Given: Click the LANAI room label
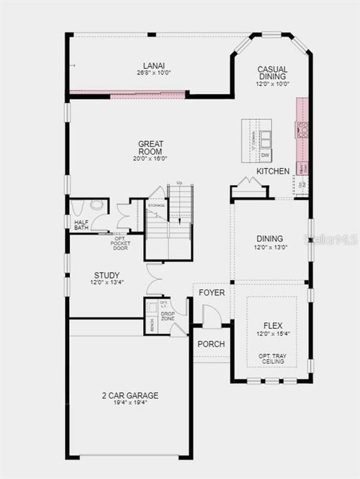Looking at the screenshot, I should [x=154, y=66].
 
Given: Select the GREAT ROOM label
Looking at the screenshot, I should [x=151, y=144].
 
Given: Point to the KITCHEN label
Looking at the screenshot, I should [x=273, y=172].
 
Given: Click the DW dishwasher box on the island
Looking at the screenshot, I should [x=264, y=155].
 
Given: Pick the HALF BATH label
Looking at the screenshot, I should [x=81, y=224].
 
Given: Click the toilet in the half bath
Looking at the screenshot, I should [x=97, y=206].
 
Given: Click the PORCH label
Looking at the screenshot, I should [x=211, y=344].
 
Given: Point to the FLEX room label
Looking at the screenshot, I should [x=273, y=325].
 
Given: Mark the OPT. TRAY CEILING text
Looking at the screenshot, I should [x=273, y=359].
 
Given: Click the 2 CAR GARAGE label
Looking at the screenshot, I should [x=130, y=395].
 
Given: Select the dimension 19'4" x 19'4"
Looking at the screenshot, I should [x=130, y=403].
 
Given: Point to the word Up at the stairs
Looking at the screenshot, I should [x=179, y=183].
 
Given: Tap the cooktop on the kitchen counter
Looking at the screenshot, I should [x=301, y=129].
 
